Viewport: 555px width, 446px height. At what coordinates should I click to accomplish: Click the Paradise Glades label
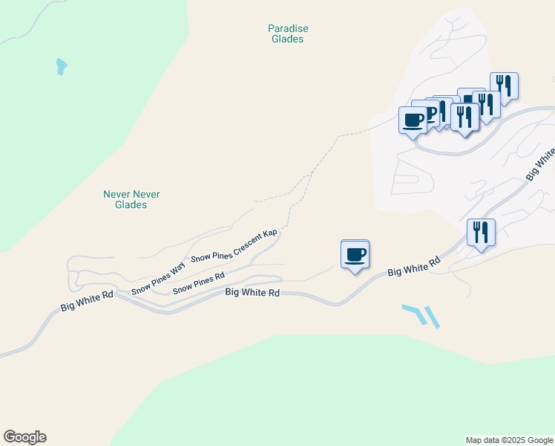(x=287, y=33)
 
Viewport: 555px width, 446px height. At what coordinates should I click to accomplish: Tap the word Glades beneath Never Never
(x=131, y=204)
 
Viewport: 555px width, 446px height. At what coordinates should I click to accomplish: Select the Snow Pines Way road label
(x=158, y=279)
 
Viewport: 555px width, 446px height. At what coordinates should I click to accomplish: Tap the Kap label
(x=269, y=233)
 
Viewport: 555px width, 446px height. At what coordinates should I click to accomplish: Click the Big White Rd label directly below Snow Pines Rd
(x=252, y=293)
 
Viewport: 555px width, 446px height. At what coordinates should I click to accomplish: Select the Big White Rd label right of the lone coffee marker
(x=414, y=267)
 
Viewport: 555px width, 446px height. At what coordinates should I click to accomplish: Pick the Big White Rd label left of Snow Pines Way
(x=87, y=300)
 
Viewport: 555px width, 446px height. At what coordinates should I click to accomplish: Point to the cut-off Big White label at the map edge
(x=541, y=164)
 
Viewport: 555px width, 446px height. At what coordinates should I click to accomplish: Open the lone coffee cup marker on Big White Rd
(x=355, y=254)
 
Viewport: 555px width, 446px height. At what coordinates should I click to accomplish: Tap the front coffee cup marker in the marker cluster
(x=413, y=120)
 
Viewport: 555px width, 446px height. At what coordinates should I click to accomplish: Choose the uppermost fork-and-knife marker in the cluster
(x=504, y=86)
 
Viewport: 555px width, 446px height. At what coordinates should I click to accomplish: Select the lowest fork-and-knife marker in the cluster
(x=464, y=117)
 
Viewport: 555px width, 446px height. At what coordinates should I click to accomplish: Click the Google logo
(x=24, y=437)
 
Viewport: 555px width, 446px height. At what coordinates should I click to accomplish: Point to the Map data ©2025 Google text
(x=509, y=440)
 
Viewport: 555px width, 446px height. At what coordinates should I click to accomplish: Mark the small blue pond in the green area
(x=61, y=67)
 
